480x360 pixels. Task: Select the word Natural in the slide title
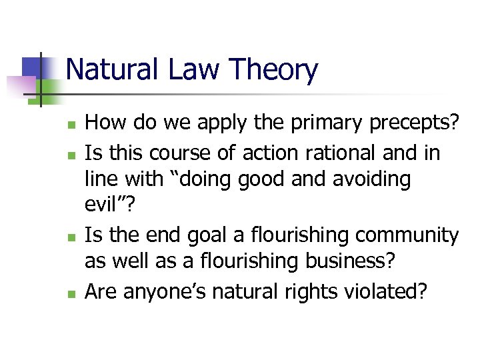coord(110,70)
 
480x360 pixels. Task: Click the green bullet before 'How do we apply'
coord(76,125)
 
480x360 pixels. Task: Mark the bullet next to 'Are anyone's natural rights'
coord(76,292)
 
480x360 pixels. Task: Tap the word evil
coord(101,207)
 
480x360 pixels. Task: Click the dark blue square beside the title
coord(33,67)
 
